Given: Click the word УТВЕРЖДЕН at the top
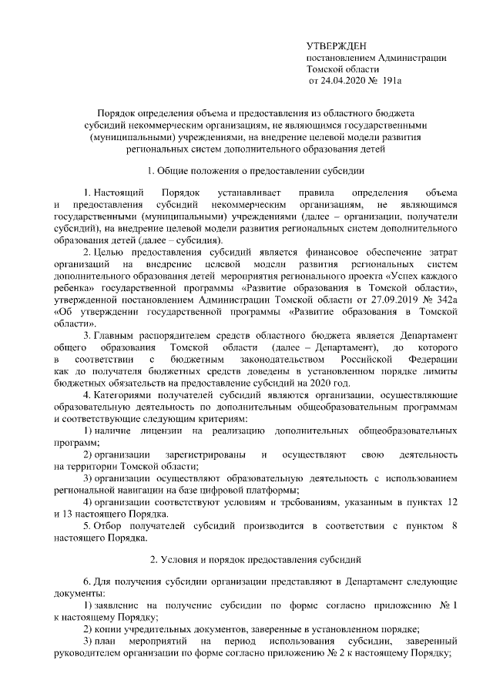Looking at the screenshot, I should point(335,46).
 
